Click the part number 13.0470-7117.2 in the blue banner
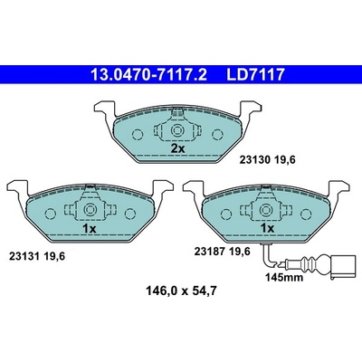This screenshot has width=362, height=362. click(x=148, y=75)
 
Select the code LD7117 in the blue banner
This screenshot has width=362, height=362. click(x=255, y=75)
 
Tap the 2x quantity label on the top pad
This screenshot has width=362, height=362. click(x=177, y=148)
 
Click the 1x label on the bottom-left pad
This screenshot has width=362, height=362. click(x=90, y=229)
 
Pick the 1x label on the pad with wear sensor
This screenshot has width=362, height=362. click(x=267, y=228)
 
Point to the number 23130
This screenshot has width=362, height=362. click(x=254, y=160)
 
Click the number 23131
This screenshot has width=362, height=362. click(x=24, y=257)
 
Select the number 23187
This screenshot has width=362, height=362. click(x=209, y=252)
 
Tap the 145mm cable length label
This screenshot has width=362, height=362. click(x=284, y=277)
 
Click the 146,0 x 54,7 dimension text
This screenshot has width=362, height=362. click(x=181, y=291)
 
